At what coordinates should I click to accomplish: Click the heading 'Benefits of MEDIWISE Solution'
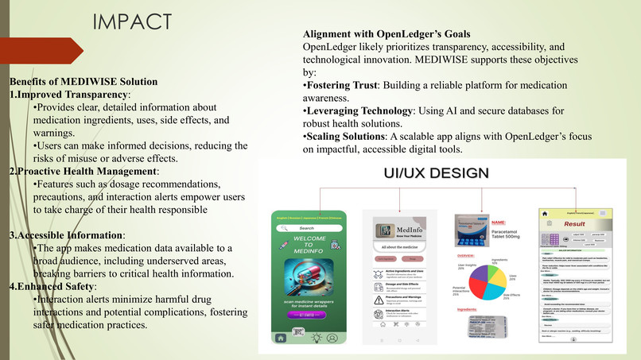pos(84,81)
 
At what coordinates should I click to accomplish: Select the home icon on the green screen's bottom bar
pos(281,336)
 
